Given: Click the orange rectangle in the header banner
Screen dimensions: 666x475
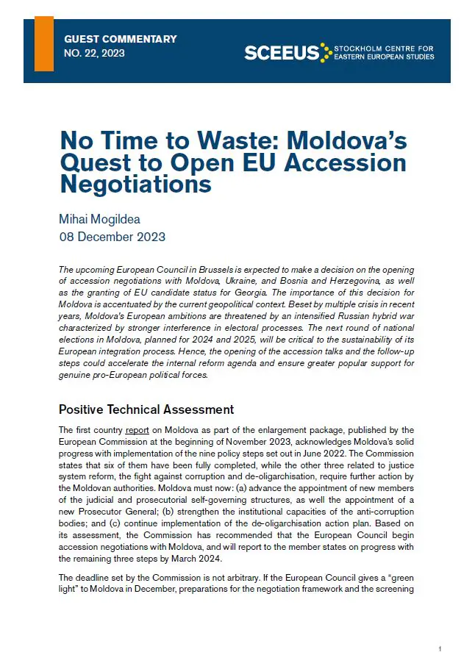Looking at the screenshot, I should pos(44,43).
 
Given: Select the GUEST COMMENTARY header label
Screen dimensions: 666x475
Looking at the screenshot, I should pos(121,39).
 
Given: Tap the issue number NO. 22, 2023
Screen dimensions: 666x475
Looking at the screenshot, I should pos(95,53).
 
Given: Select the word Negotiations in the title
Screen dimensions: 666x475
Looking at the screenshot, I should pos(135,184).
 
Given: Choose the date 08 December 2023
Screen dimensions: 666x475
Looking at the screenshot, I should pos(112,237).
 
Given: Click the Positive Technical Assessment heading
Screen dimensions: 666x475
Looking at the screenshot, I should pos(146,409).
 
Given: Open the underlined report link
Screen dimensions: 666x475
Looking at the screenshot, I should pos(137,430).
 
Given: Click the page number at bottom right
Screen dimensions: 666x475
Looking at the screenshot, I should pos(439,649).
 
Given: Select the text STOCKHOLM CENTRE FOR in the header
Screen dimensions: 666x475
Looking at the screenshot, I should pos(384,48).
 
